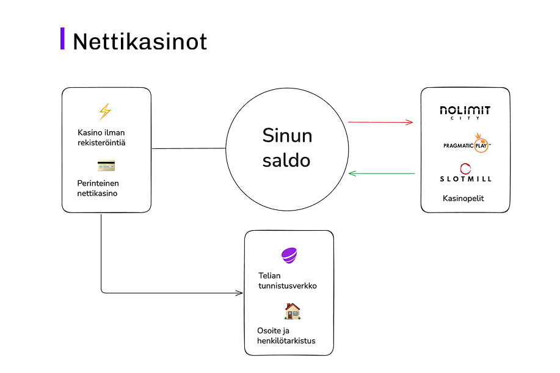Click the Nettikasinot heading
click(140, 42)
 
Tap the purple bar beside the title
click(62, 38)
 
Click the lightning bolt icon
click(106, 111)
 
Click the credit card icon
click(106, 165)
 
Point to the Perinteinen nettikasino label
click(98, 188)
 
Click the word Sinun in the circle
click(287, 135)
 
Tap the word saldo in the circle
click(286, 161)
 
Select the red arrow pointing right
click(380, 122)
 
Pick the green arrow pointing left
click(381, 174)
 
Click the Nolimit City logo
click(465, 112)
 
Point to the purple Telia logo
click(289, 255)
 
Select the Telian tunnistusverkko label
click(288, 281)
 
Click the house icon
click(293, 311)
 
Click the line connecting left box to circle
click(189, 148)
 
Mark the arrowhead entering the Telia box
click(240, 293)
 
